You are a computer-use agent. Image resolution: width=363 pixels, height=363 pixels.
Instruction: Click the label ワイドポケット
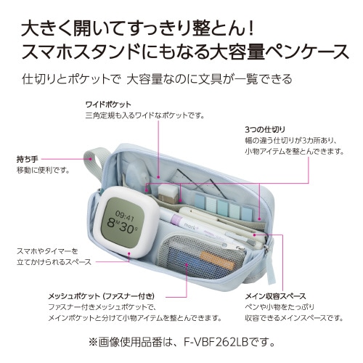108,105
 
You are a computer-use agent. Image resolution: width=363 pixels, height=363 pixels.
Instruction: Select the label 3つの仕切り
265,130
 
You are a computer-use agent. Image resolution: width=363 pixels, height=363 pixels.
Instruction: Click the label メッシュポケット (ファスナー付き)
102,296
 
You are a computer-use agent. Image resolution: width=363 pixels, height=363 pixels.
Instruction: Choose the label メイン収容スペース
275,296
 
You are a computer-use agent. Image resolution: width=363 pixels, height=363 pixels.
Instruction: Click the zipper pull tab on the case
270,264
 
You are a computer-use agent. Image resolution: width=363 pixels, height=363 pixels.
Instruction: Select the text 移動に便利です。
44,171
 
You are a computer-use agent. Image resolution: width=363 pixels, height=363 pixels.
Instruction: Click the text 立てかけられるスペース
54,262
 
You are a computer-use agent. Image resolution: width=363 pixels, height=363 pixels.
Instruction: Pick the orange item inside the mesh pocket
217,260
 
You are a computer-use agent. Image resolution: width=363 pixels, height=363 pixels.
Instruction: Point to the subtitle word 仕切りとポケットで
71,79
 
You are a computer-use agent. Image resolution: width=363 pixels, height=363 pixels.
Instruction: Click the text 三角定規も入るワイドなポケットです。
145,115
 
